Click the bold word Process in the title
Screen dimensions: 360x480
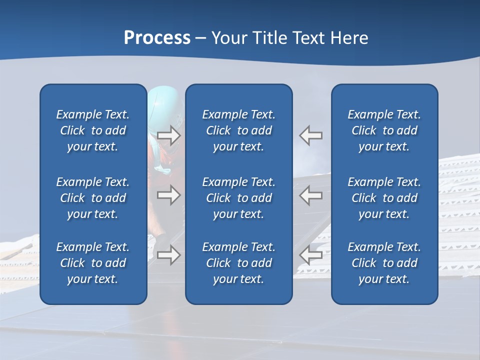[157, 38]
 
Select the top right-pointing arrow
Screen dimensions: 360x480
[168, 135]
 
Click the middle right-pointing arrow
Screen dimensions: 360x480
[168, 194]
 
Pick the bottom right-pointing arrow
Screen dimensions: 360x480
[168, 254]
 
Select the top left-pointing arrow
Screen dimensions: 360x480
[310, 135]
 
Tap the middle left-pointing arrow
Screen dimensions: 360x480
[310, 194]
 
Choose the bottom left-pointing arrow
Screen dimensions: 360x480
[310, 254]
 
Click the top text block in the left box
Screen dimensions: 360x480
[93, 130]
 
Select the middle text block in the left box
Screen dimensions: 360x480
[93, 198]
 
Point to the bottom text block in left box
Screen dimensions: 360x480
[93, 263]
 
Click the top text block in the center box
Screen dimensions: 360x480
[238, 130]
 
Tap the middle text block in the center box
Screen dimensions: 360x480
[238, 198]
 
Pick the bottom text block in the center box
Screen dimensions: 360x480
[238, 263]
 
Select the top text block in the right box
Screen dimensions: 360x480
[384, 130]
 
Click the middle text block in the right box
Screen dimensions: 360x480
[384, 198]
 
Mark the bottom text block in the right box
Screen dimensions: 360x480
[384, 263]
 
